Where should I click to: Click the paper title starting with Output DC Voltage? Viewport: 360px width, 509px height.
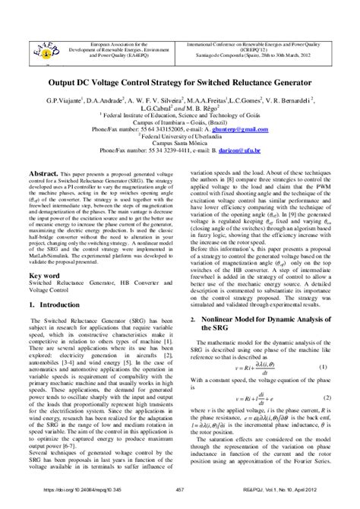180,81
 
